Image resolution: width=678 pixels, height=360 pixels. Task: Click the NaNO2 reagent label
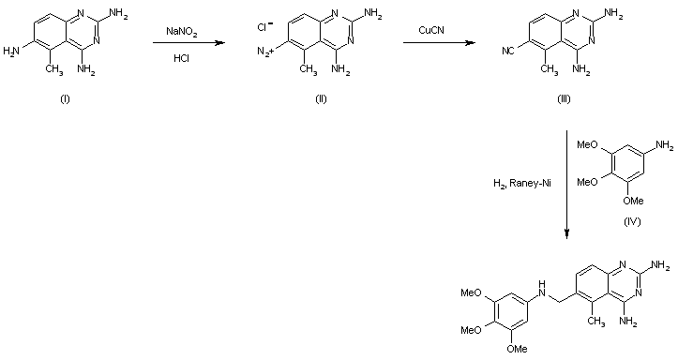pyautogui.click(x=183, y=32)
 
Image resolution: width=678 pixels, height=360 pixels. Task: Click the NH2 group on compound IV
pyautogui.click(x=665, y=145)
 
